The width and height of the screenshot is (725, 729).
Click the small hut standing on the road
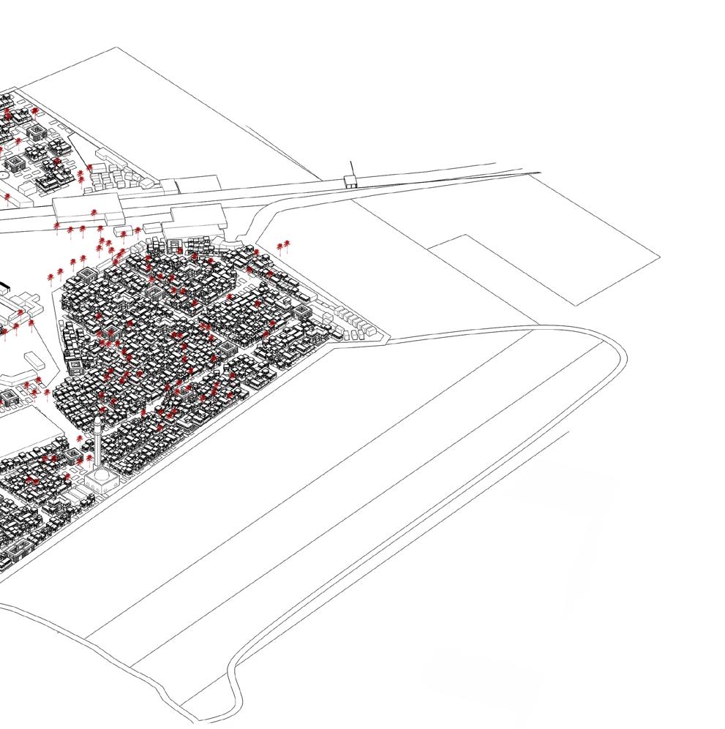(x=352, y=181)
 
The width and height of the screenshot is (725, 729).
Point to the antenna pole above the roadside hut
(x=350, y=167)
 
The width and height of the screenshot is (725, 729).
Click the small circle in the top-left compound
(x=5, y=175)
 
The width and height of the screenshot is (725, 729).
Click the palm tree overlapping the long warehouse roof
(x=95, y=213)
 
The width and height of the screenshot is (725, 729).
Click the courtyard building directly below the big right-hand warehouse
(x=176, y=244)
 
